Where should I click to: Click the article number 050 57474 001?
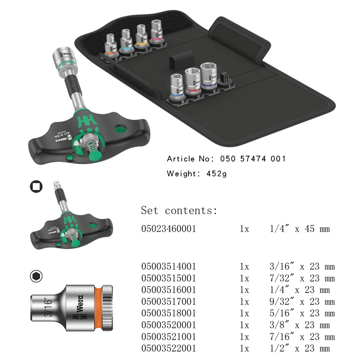pyautogui.click(x=253, y=159)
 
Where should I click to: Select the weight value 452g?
pyautogui.click(x=216, y=174)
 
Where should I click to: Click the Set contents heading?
pyautogui.click(x=179, y=210)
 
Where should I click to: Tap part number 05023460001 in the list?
pyautogui.click(x=168, y=229)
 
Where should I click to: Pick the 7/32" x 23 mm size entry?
pyautogui.click(x=302, y=278)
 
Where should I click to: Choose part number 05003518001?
pyautogui.click(x=168, y=313)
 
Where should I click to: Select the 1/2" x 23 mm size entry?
pyautogui.click(x=300, y=348)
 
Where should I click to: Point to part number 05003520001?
pyautogui.click(x=168, y=325)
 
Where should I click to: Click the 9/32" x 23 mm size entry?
pyautogui.click(x=302, y=301)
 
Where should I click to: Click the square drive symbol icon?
pyautogui.click(x=36, y=186)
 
